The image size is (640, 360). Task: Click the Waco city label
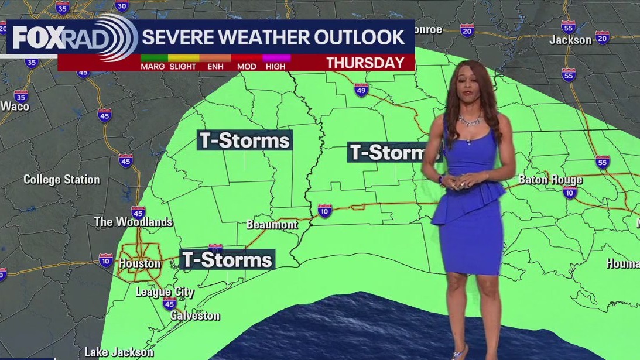[15, 106]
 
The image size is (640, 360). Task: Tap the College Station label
[61, 180]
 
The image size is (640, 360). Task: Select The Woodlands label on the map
[134, 222]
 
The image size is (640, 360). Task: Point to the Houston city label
[139, 263]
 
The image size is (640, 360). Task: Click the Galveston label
[195, 316]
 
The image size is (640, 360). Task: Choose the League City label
[165, 292]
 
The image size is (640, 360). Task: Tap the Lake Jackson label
[119, 352]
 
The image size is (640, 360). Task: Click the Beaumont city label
[272, 224]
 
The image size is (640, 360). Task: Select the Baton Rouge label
[550, 180]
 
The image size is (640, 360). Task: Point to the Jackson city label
[570, 40]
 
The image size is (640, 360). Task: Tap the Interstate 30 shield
[122, 6]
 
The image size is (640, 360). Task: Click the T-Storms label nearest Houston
[227, 259]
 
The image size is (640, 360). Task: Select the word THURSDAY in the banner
[365, 63]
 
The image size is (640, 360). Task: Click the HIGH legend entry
[276, 66]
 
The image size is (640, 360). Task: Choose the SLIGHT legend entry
[183, 66]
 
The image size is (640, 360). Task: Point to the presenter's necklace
[469, 120]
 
